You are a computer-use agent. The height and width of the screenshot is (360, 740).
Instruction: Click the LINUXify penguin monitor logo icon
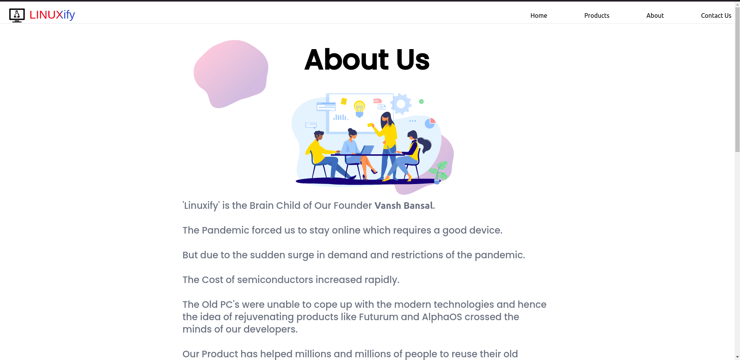click(x=17, y=15)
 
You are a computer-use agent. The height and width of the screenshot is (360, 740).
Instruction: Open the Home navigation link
click(x=539, y=15)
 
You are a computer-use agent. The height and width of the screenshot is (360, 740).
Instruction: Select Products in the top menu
click(x=597, y=15)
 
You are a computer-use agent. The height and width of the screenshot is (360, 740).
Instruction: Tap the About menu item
click(x=655, y=15)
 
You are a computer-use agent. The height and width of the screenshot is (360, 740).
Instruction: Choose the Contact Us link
click(x=716, y=15)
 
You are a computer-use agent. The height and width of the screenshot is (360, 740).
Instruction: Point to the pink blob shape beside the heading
click(x=231, y=73)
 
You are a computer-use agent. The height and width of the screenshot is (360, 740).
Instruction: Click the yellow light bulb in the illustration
click(x=359, y=109)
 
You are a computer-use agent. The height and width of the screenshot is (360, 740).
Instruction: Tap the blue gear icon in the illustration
click(x=401, y=104)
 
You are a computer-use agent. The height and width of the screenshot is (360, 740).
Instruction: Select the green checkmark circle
click(x=422, y=101)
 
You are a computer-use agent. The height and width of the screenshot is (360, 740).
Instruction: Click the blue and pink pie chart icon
click(x=430, y=123)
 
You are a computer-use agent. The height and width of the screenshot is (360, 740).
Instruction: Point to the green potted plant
click(x=439, y=172)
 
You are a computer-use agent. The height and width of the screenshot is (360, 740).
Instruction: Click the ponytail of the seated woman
click(x=425, y=145)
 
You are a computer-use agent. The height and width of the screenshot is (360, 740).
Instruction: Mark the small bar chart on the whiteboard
click(x=340, y=117)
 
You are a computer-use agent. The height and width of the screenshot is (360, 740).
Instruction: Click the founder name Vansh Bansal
click(x=404, y=206)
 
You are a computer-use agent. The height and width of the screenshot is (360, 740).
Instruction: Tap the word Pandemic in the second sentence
click(x=225, y=230)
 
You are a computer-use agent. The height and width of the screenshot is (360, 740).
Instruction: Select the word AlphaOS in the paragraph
click(x=442, y=317)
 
